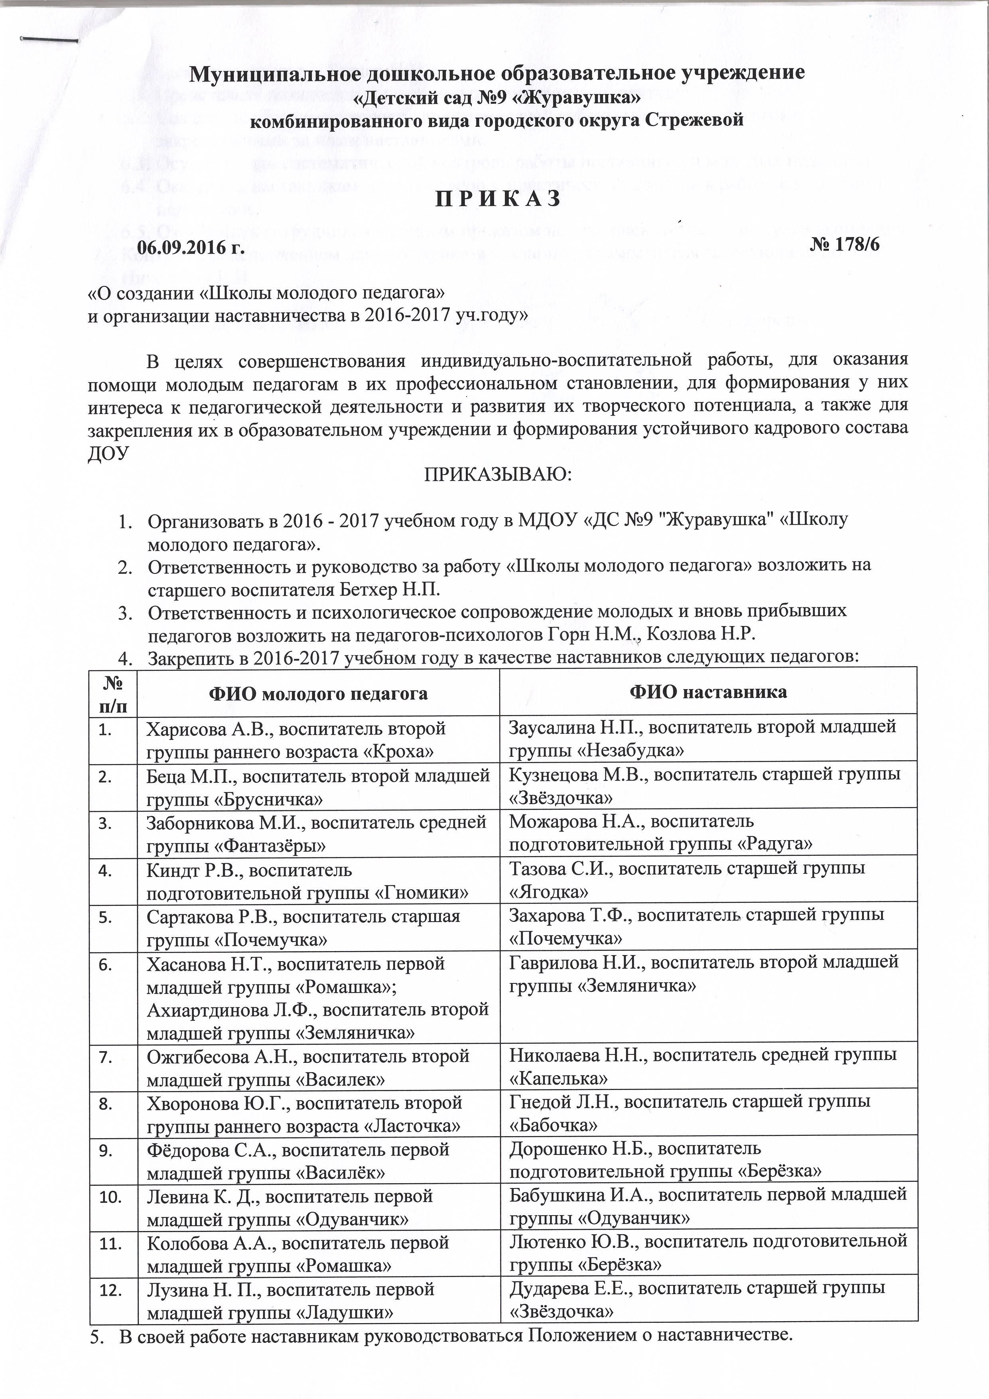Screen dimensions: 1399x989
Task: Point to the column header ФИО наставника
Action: [708, 692]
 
